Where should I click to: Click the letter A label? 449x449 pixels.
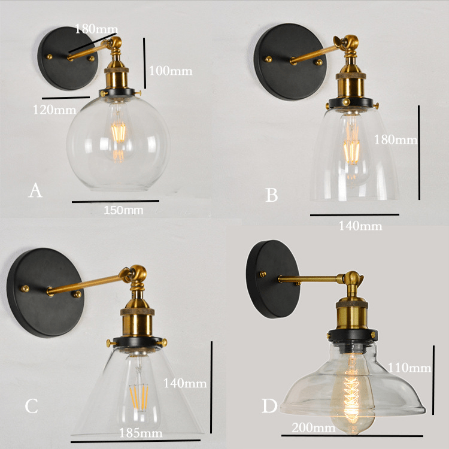tap(35, 190)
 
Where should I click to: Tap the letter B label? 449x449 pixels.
tap(272, 195)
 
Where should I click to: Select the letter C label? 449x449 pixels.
tap(31, 406)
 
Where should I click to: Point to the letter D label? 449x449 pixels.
tap(269, 406)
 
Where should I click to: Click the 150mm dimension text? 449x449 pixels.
tap(123, 211)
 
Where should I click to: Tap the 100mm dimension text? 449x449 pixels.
tap(171, 71)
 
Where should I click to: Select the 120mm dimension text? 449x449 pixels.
tap(54, 110)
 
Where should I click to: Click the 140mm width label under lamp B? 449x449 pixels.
tap(360, 226)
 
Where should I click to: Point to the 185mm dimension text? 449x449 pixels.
tap(141, 433)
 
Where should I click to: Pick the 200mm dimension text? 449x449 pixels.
tap(314, 428)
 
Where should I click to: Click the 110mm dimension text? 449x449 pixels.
tap(409, 368)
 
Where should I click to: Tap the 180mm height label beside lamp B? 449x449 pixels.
tap(396, 139)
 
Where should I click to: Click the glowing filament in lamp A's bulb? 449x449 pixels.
tap(119, 132)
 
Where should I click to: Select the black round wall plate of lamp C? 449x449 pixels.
tap(45, 292)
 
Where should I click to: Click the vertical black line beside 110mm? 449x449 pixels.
tap(433, 380)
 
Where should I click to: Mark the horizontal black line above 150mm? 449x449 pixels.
tap(116, 201)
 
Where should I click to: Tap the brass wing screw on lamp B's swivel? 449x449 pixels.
tap(339, 41)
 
